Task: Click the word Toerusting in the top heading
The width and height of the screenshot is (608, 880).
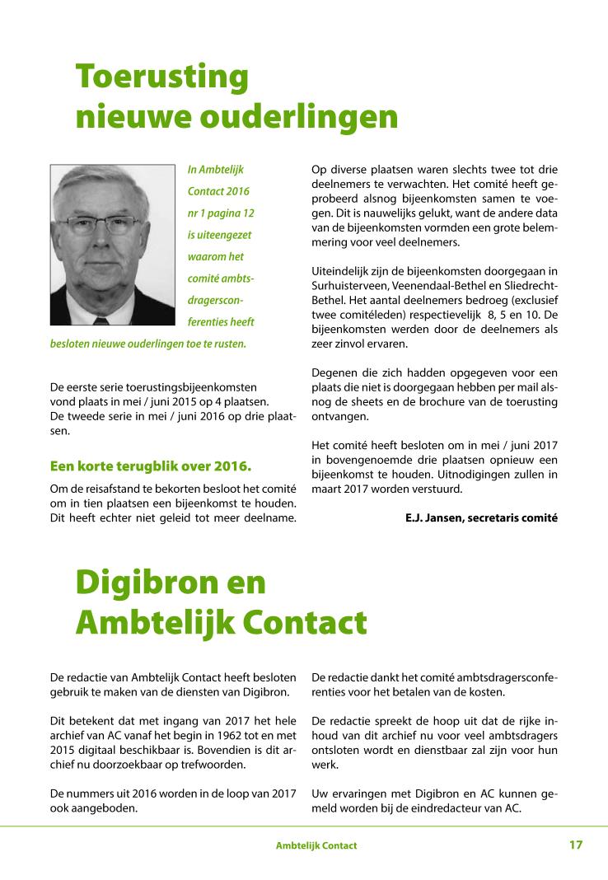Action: click(x=161, y=77)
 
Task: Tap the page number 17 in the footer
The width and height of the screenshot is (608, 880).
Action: click(x=575, y=845)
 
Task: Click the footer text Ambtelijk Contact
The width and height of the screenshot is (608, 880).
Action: click(x=316, y=846)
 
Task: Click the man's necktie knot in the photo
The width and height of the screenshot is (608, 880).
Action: click(x=102, y=321)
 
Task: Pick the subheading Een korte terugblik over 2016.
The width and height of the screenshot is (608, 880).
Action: click(x=151, y=466)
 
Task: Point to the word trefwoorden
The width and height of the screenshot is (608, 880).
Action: click(x=216, y=764)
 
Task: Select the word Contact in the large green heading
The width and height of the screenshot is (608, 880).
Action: click(x=305, y=623)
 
